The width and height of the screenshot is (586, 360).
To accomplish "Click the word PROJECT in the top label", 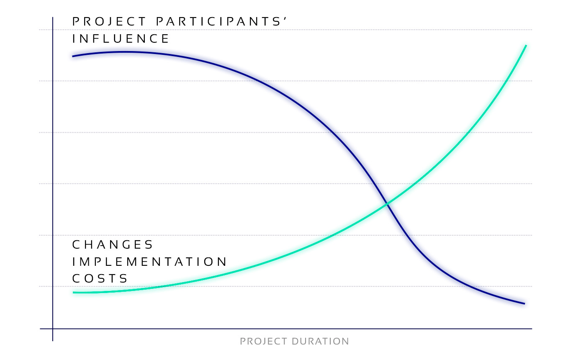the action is tap(109, 21).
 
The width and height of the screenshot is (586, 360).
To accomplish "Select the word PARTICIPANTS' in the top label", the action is tap(221, 21).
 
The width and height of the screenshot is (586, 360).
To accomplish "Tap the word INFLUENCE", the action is tap(121, 39).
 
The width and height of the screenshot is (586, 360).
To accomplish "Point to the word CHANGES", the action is tap(112, 244).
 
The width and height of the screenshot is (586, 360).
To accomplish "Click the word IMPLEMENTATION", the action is tap(149, 262).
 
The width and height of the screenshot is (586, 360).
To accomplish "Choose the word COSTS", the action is tap(100, 278).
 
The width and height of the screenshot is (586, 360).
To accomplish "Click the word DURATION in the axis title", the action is tap(320, 342).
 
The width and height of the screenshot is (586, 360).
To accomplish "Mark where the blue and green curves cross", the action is tap(387, 203).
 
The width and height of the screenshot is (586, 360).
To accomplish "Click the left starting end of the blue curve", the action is tap(73, 56).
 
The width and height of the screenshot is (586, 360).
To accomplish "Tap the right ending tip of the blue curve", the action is tap(524, 304).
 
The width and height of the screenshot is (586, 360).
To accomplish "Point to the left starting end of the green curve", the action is tap(73, 293).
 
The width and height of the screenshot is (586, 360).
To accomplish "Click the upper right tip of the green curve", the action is tap(526, 46).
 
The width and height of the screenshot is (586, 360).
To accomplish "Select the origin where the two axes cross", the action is tap(53, 329).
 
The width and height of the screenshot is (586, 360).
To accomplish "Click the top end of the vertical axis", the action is tap(53, 17).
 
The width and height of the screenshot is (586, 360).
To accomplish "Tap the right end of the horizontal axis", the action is tap(532, 329).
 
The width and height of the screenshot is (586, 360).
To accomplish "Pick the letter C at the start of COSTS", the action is tap(76, 278).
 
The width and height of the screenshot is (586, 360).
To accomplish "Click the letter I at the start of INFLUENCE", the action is tap(73, 39).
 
